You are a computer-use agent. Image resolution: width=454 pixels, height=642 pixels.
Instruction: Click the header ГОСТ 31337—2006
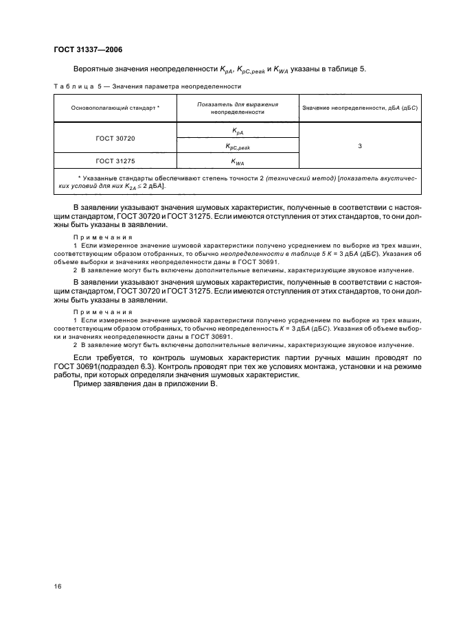coord(87,49)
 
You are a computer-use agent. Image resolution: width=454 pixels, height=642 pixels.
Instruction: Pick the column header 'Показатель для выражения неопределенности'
coord(237,108)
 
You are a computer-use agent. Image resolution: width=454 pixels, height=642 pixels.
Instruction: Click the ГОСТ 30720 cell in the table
coord(115,138)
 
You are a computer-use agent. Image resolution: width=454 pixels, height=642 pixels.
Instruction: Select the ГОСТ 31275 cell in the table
coord(115,161)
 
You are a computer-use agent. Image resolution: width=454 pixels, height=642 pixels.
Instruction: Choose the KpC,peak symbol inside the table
coord(237,146)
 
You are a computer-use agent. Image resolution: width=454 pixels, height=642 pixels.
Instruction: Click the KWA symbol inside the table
coord(237,162)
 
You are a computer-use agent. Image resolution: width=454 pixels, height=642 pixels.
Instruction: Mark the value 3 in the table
coord(360,146)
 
